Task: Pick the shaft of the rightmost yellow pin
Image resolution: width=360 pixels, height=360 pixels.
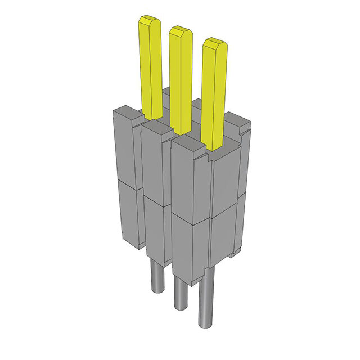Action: (215, 96)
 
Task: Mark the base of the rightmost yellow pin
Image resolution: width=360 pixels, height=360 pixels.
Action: (216, 144)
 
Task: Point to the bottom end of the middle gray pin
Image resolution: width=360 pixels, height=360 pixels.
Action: (181, 305)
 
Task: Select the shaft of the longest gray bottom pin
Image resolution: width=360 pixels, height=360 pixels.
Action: (206, 298)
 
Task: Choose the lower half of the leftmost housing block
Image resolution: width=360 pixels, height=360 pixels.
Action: (128, 214)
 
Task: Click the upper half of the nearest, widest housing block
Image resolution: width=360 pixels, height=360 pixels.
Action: (191, 186)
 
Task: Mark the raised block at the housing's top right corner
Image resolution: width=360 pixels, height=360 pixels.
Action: (238, 121)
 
